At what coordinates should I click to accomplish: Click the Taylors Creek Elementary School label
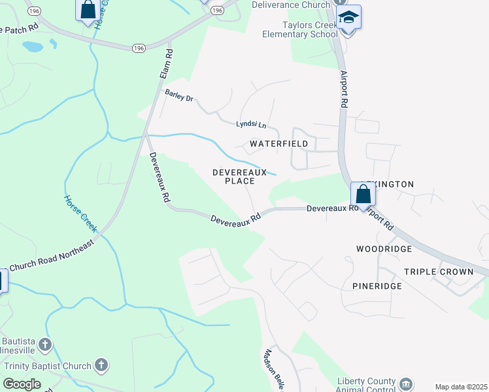(x=299, y=31)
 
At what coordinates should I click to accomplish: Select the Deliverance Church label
(x=292, y=5)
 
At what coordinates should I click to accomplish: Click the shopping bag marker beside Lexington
(x=363, y=195)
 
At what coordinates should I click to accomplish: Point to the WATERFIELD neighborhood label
(x=279, y=143)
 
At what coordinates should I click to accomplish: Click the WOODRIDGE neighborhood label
(x=384, y=249)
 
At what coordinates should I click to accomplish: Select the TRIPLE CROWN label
(x=439, y=272)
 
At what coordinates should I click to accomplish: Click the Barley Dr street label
(x=179, y=95)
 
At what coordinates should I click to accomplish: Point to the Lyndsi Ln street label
(x=252, y=124)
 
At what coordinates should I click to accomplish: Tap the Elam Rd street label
(x=165, y=65)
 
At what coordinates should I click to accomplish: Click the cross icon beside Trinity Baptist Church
(x=101, y=365)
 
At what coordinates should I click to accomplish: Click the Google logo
(x=22, y=384)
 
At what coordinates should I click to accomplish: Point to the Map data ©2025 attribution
(x=461, y=387)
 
